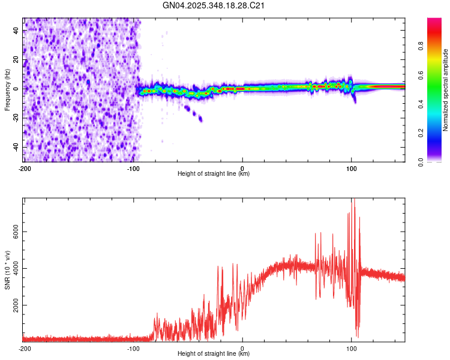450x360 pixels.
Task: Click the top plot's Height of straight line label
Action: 214,174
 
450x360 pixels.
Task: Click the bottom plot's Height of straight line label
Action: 214,354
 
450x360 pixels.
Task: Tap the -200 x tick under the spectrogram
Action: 24,167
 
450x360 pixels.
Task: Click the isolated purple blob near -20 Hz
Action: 200,119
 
